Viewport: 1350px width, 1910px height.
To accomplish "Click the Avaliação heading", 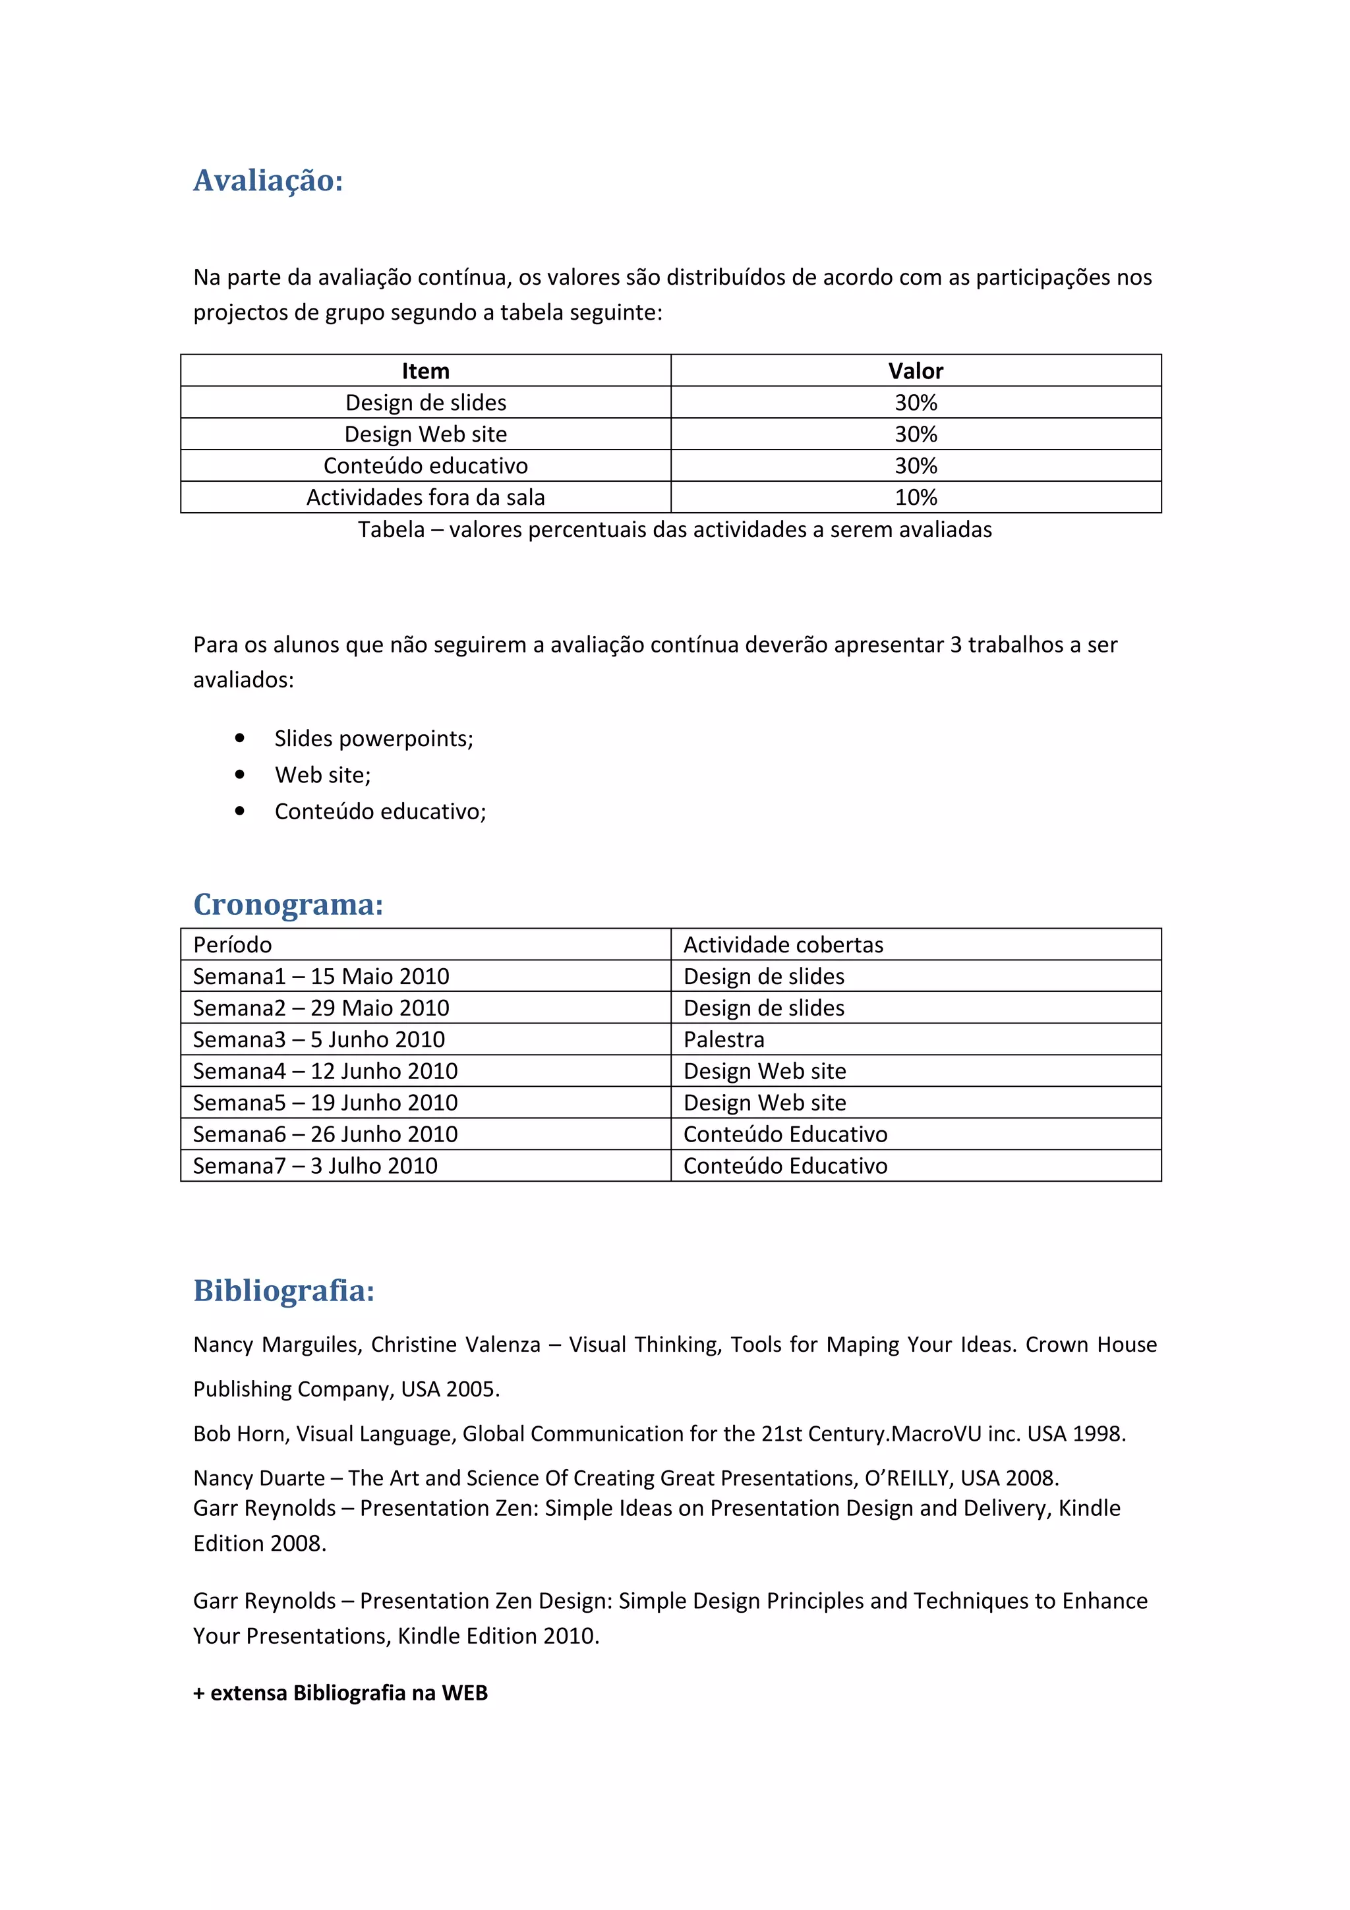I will pos(268,181).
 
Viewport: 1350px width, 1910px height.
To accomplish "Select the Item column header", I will pos(425,371).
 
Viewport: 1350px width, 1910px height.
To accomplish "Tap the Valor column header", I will pos(915,371).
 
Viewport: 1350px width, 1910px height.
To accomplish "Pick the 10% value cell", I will pos(915,498).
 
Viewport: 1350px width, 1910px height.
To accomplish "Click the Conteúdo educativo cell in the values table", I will pos(425,466).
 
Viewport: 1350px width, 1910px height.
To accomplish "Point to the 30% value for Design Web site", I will pos(915,434).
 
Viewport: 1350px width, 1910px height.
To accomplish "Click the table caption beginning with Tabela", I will pos(674,530).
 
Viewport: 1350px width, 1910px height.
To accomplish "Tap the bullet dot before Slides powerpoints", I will pos(239,738).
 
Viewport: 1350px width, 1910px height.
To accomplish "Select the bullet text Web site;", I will pos(323,775).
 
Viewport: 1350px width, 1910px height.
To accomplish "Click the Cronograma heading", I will pos(288,904).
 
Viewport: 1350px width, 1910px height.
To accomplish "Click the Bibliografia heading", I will pos(283,1290).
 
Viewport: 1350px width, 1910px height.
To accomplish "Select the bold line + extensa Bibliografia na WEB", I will pos(340,1693).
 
